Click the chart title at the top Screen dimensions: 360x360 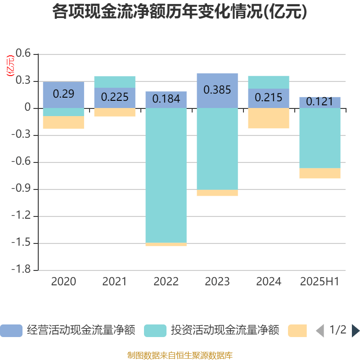point(180,12)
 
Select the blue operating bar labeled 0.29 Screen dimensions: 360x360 point(63,94)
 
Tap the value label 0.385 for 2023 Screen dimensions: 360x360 point(217,90)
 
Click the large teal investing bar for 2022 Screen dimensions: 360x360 point(166,175)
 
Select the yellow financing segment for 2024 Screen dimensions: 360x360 point(269,118)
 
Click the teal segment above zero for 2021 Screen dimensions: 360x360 point(115,82)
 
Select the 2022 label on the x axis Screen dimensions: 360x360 point(166,282)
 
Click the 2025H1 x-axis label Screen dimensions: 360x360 point(319,282)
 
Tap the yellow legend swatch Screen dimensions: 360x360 point(297,331)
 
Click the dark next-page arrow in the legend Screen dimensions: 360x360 point(355,331)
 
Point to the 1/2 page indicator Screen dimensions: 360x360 point(338,330)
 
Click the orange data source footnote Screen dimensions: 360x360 point(180,355)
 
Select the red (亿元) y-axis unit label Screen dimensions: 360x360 point(9,66)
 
